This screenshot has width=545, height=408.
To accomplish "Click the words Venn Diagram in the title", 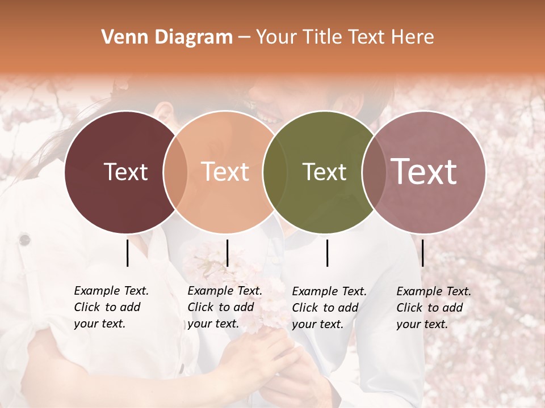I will click(x=167, y=37).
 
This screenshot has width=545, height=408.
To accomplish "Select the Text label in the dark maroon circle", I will click(x=125, y=172).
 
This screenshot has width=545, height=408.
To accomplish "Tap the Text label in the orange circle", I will click(x=225, y=172).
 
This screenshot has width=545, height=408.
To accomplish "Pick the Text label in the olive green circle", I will click(x=324, y=172).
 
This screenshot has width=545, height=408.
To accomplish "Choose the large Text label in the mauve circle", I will click(x=424, y=171).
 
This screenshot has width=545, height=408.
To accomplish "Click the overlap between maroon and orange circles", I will click(x=175, y=172).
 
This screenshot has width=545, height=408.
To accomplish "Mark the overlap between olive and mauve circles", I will click(x=374, y=172).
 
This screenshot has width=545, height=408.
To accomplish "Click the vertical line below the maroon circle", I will click(x=127, y=253).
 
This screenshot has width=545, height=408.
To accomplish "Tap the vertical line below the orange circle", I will click(x=227, y=253).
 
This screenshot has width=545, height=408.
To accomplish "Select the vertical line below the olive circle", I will click(x=327, y=253).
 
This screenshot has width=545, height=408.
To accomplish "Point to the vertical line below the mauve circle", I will click(x=422, y=253).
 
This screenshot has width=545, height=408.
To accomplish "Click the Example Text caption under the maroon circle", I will click(x=111, y=307).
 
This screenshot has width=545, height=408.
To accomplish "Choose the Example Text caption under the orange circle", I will click(x=224, y=307).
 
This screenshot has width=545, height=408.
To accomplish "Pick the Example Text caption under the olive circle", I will click(x=329, y=308).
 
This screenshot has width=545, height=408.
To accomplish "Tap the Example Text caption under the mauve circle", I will click(x=433, y=308).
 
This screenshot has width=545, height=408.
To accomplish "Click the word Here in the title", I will click(x=414, y=37).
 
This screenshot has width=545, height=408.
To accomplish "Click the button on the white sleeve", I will click(x=24, y=240).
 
